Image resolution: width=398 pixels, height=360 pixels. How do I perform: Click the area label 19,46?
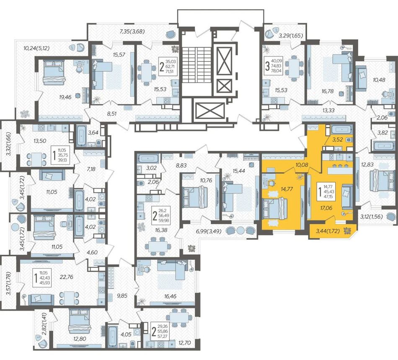(x=65, y=97)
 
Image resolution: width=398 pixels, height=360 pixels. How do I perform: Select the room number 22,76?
(x=67, y=277)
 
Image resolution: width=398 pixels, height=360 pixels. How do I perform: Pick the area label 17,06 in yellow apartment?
(x=326, y=208)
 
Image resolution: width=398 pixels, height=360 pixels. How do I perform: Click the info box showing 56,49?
(x=161, y=216)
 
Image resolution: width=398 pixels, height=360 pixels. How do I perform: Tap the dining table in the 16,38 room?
(x=158, y=246)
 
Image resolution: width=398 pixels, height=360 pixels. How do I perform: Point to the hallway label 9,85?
(x=122, y=295)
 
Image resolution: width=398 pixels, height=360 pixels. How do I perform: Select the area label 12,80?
(x=80, y=339)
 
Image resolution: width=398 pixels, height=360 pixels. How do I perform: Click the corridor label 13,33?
(x=328, y=110)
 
